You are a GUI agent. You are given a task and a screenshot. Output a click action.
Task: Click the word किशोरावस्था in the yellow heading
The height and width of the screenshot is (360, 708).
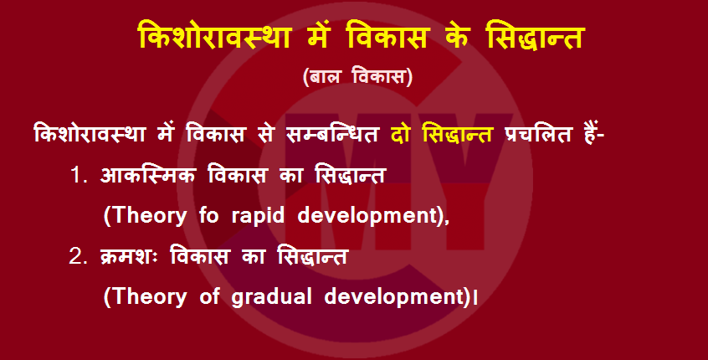coord(214,36)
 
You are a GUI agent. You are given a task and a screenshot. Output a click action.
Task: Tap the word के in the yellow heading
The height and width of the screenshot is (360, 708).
coord(454,36)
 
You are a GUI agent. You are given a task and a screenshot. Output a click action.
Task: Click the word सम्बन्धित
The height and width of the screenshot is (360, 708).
coord(332,134)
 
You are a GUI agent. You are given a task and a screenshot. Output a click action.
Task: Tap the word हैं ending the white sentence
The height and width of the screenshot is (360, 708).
coord(592,134)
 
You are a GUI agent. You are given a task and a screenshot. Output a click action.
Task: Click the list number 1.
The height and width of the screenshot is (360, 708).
coord(79,175)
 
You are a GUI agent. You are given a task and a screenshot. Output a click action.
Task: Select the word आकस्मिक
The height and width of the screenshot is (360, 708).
coord(147,175)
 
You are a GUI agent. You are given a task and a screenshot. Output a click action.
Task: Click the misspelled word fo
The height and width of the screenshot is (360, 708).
coord(208,216)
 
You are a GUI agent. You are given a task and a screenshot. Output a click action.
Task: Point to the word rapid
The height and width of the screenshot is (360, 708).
coord(258,217)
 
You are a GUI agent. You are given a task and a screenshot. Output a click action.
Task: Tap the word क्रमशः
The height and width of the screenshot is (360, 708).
coord(129,256)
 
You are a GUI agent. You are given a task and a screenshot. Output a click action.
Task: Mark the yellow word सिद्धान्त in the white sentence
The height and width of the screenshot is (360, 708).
coord(457,134)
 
